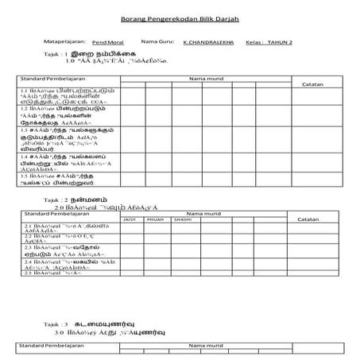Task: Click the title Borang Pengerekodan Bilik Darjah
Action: click(x=180, y=17)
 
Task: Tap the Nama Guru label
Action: click(x=153, y=40)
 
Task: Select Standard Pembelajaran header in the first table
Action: click(x=52, y=79)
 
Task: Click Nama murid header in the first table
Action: click(x=203, y=79)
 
